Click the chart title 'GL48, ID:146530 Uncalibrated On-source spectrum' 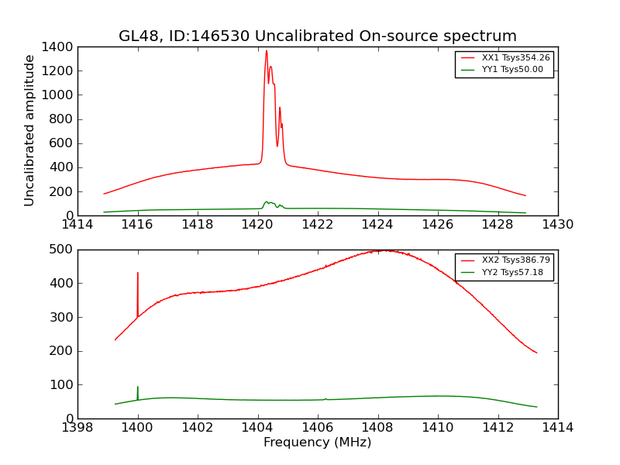[x=318, y=36]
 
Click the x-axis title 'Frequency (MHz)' [x=318, y=443]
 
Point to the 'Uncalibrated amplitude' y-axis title [x=30, y=130]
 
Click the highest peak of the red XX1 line [x=267, y=51]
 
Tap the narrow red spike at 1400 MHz [x=138, y=273]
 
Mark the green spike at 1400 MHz [x=138, y=387]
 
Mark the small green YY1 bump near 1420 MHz [x=267, y=202]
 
